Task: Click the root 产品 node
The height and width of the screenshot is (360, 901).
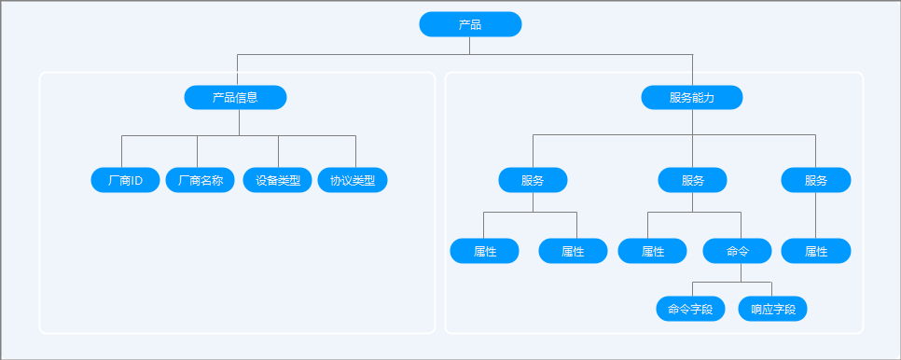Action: (470, 24)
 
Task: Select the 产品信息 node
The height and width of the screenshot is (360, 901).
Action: (235, 98)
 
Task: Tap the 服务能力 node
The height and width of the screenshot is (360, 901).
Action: (692, 98)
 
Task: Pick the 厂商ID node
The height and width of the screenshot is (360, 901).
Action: (125, 180)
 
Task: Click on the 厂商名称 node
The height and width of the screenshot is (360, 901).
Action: (200, 180)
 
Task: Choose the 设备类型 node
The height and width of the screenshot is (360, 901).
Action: (278, 180)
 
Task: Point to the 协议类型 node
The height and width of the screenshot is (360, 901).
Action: (353, 180)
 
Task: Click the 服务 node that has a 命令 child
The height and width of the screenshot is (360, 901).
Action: (692, 180)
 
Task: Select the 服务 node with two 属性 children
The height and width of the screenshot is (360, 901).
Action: (533, 180)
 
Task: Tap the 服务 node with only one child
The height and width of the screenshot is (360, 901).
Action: (816, 180)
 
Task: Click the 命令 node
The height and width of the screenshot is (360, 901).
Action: (737, 251)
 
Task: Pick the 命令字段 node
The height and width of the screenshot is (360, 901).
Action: (691, 309)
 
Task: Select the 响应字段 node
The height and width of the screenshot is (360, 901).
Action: (773, 309)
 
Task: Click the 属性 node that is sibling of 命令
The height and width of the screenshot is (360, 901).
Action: (652, 251)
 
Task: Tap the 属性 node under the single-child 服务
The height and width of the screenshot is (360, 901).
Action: (816, 251)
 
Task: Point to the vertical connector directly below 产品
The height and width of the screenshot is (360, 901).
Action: (469, 46)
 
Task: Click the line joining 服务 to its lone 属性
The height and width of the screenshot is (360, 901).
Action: (815, 215)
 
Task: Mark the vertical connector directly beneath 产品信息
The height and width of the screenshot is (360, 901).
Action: (239, 122)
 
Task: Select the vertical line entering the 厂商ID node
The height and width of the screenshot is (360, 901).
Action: (122, 152)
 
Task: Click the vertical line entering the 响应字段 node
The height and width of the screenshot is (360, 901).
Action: (771, 289)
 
